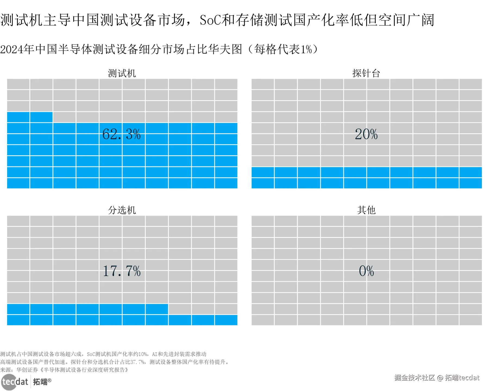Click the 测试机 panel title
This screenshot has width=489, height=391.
tap(122, 73)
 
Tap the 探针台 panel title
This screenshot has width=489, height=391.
tap(366, 73)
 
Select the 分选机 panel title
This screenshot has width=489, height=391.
tap(122, 210)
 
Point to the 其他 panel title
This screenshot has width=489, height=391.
tap(366, 210)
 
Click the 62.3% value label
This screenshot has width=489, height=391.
tap(121, 134)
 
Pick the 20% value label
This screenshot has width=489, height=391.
tap(366, 134)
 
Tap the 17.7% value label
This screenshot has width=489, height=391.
tap(121, 271)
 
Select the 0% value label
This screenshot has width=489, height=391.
tap(366, 271)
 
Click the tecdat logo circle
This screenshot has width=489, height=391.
tap(9, 382)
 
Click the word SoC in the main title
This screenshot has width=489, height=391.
tap(211, 20)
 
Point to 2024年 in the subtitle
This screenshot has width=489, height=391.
tap(17, 49)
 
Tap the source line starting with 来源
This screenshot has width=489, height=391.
tap(64, 370)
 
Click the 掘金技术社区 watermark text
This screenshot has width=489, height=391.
tap(415, 378)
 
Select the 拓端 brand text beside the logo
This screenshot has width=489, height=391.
tap(40, 382)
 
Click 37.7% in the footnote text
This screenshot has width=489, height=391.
tap(137, 362)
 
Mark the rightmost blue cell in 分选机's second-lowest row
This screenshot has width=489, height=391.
tap(157, 309)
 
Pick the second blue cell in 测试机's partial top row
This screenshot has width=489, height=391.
tap(41, 117)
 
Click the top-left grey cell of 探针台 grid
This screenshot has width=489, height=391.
tap(263, 84)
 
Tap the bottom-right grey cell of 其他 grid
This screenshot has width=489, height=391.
tap(471, 320)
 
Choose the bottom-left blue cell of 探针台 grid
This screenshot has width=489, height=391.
tap(263, 183)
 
